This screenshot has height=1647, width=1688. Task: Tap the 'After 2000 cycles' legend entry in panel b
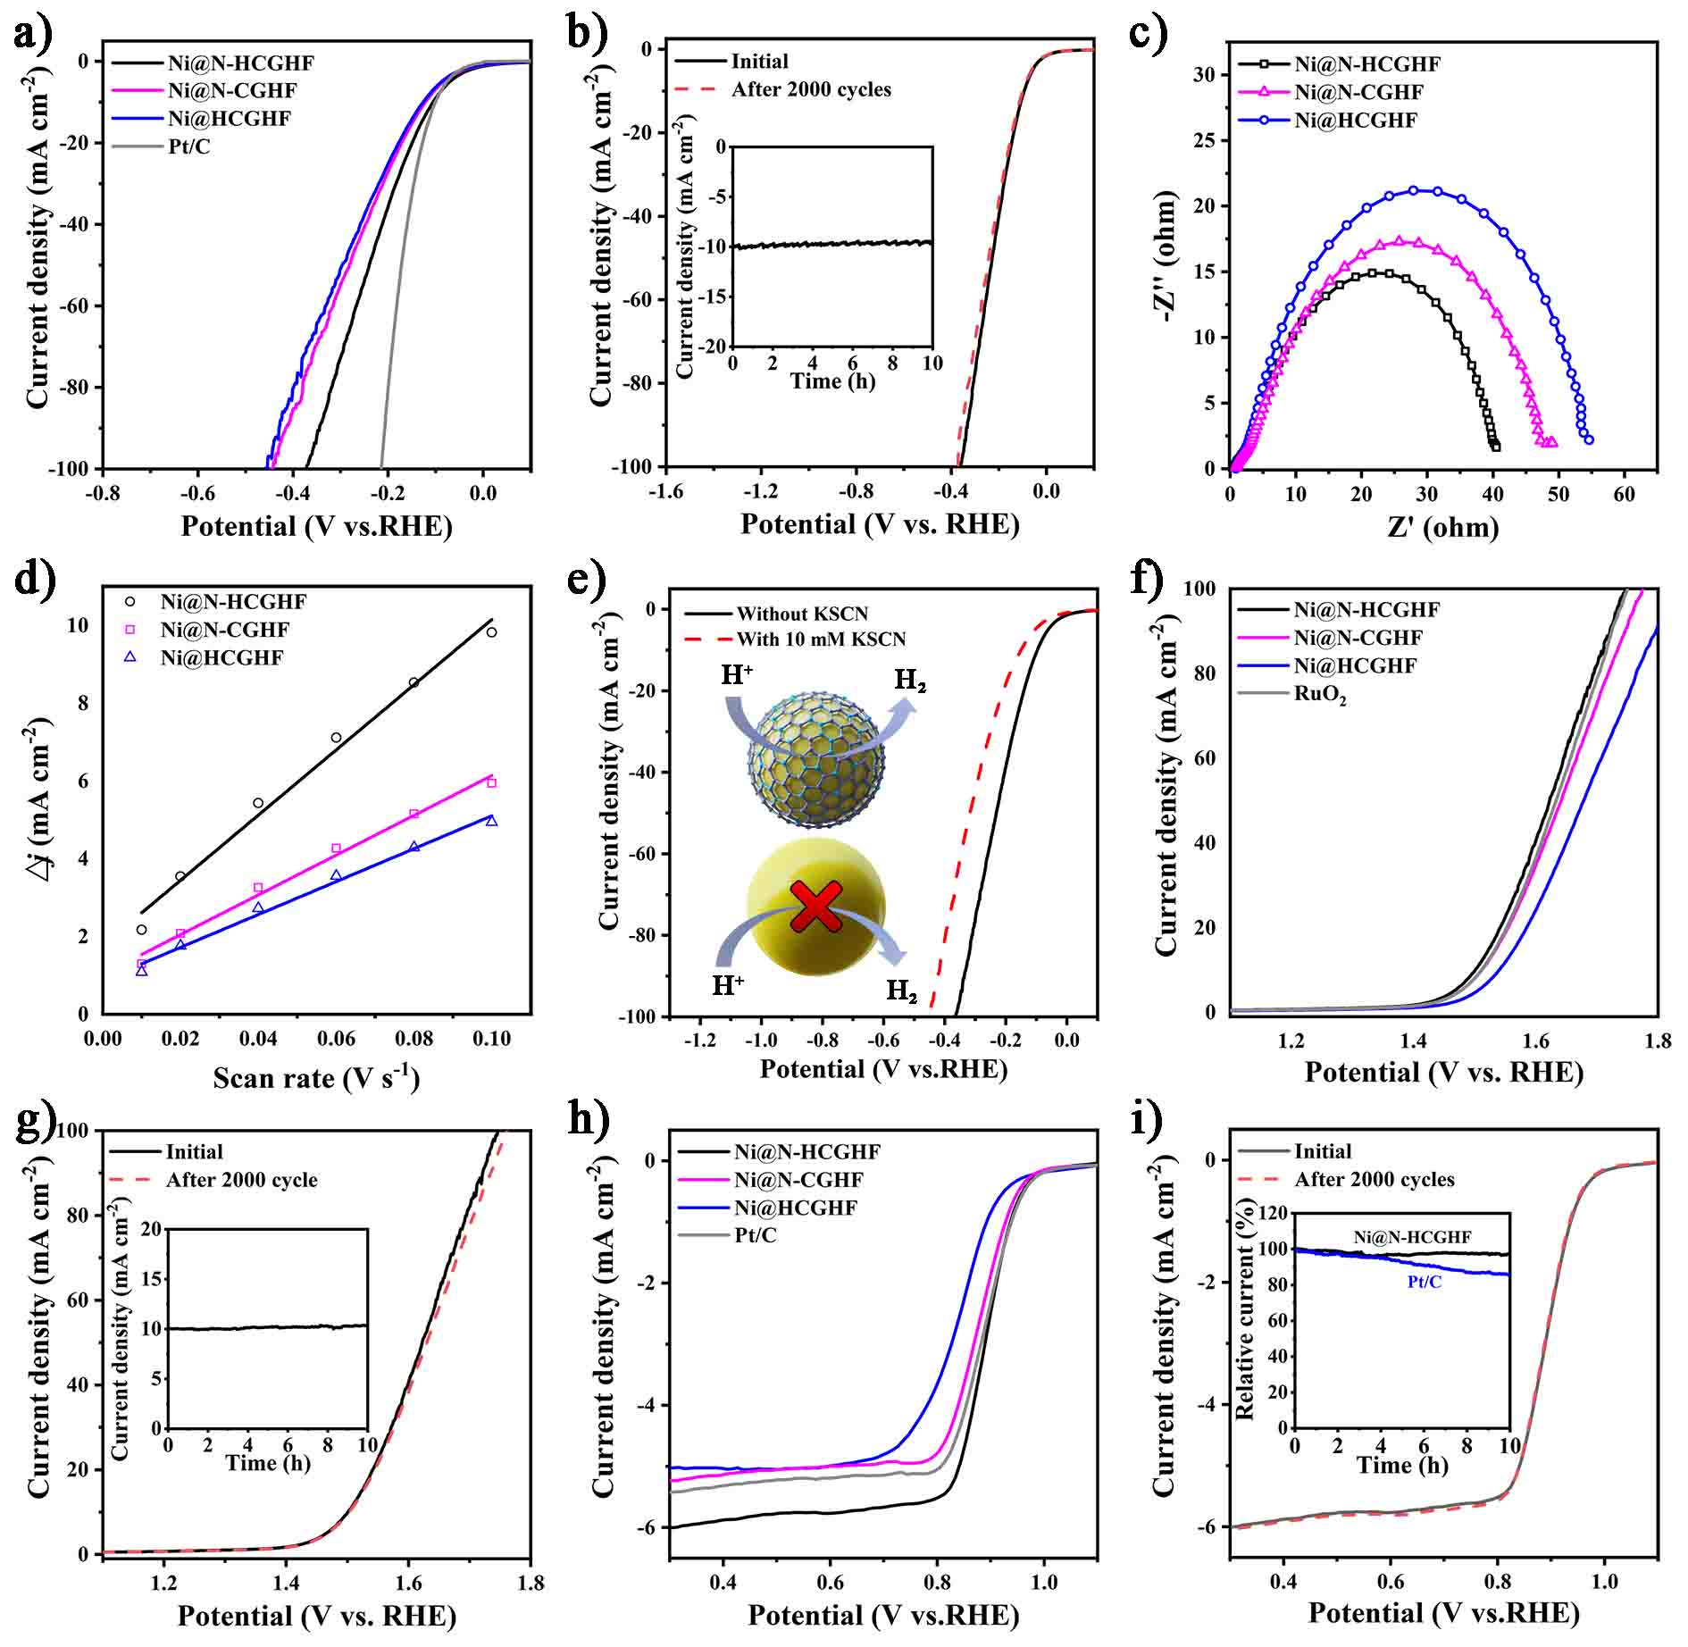782,89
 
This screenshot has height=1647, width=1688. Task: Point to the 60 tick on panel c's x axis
1625,494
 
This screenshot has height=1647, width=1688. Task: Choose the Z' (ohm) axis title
1442,527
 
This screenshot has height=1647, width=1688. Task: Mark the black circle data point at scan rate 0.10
491,632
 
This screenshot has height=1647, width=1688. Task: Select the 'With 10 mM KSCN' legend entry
796,640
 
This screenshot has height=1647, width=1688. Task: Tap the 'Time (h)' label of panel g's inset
268,1463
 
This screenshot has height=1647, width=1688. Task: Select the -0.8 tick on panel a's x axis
103,492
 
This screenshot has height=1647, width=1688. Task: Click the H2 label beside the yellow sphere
901,991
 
